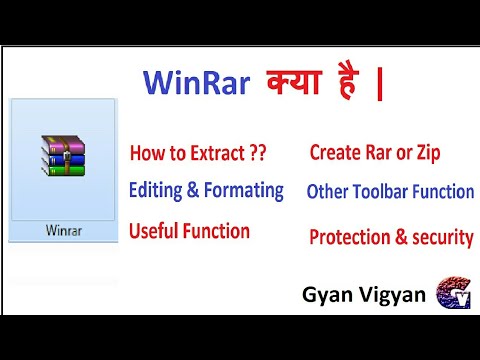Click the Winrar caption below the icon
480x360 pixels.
click(63, 228)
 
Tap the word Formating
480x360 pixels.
click(243, 190)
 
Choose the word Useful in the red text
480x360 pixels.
click(155, 231)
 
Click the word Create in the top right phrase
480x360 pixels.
click(334, 153)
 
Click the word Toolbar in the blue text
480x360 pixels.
click(384, 191)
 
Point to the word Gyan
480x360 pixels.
click(326, 295)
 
